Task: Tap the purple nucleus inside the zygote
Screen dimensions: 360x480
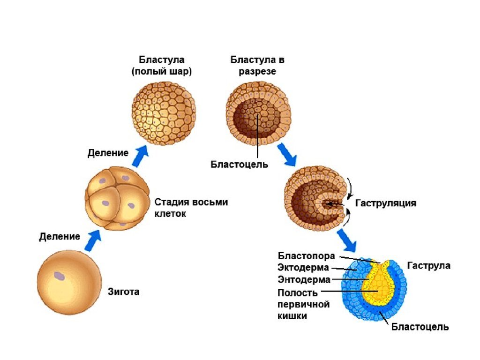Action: click(x=59, y=276)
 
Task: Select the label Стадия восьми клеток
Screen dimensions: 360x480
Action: click(x=191, y=208)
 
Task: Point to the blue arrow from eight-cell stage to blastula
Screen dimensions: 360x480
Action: click(x=140, y=156)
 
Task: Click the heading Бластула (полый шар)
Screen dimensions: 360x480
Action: click(x=162, y=66)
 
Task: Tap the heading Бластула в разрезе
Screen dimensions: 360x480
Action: click(x=257, y=66)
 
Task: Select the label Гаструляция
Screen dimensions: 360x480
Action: click(x=386, y=203)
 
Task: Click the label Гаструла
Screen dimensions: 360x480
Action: click(x=428, y=265)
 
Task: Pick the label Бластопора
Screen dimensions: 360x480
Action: click(x=306, y=256)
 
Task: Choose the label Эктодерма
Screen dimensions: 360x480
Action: click(x=304, y=268)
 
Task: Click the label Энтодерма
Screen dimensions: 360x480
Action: click(x=304, y=280)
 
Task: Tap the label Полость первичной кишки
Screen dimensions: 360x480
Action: click(x=303, y=304)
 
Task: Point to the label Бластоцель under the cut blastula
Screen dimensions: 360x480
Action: click(x=239, y=165)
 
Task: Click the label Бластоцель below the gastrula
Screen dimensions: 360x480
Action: click(x=420, y=327)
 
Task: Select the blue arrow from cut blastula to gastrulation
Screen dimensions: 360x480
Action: click(x=286, y=155)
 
